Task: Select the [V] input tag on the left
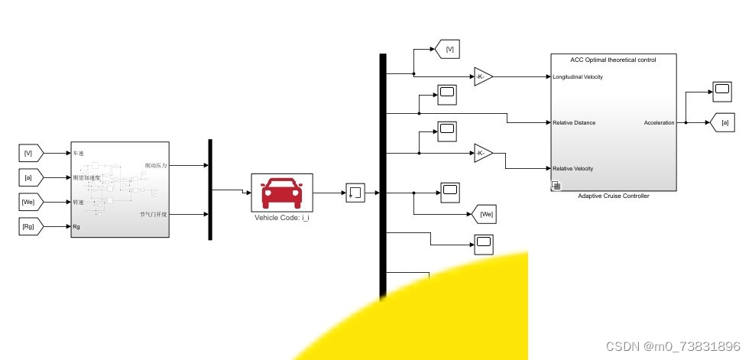(30, 153)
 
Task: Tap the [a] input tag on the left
(30, 177)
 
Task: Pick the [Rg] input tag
(30, 226)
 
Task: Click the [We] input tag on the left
(30, 202)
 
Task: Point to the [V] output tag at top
(449, 50)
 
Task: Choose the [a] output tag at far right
(724, 122)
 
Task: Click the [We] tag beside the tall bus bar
(485, 214)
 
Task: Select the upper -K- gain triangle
(482, 76)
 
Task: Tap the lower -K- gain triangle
(482, 153)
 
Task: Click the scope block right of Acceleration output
(721, 92)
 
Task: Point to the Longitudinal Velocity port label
(577, 76)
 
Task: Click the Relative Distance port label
(574, 122)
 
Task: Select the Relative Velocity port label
(573, 168)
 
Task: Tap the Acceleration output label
(659, 122)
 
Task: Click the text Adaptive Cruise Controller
(614, 196)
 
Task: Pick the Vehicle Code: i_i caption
(282, 217)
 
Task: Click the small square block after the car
(355, 193)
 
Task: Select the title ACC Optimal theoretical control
(613, 59)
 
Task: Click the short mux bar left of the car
(210, 190)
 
